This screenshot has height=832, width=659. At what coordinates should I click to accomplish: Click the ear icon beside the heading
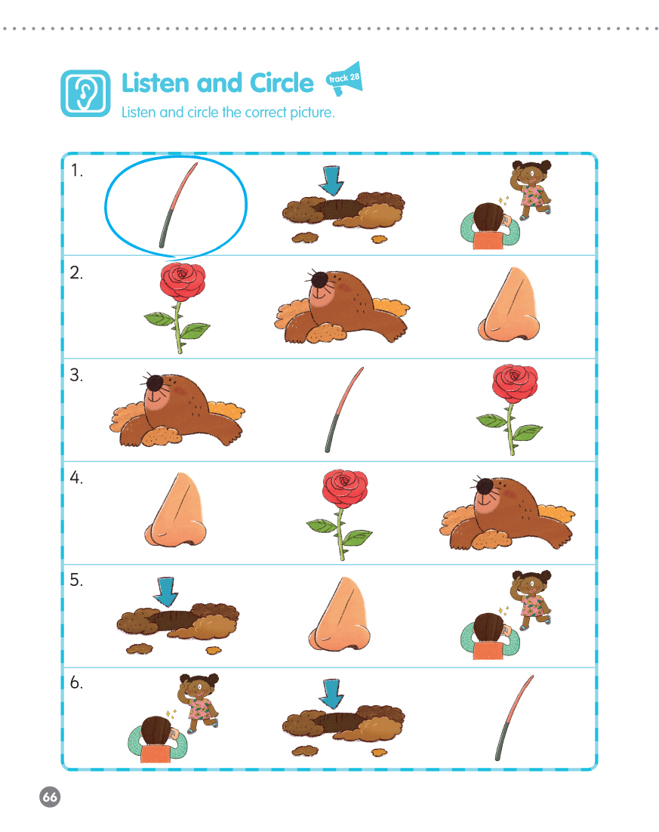(x=85, y=94)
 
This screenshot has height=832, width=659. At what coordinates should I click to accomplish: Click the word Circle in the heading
(x=282, y=83)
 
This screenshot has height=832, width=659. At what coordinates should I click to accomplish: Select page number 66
(x=50, y=797)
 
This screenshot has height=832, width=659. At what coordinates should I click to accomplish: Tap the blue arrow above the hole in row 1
(x=331, y=180)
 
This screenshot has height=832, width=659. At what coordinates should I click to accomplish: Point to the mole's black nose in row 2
(x=319, y=279)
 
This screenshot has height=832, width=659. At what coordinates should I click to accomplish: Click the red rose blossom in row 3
(x=515, y=383)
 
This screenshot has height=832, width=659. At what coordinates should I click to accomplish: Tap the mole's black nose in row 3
(x=155, y=382)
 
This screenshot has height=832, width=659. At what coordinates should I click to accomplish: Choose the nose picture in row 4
(x=176, y=510)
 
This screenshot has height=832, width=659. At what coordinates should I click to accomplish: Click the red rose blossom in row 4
(x=345, y=487)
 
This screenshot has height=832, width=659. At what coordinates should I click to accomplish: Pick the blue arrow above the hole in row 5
(x=166, y=592)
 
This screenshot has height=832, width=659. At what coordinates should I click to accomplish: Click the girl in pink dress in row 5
(x=531, y=599)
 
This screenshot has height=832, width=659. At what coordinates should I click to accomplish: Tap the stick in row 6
(x=513, y=718)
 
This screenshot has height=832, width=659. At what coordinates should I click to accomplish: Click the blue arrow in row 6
(x=331, y=694)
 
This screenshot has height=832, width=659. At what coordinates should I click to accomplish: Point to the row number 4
(x=76, y=478)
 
